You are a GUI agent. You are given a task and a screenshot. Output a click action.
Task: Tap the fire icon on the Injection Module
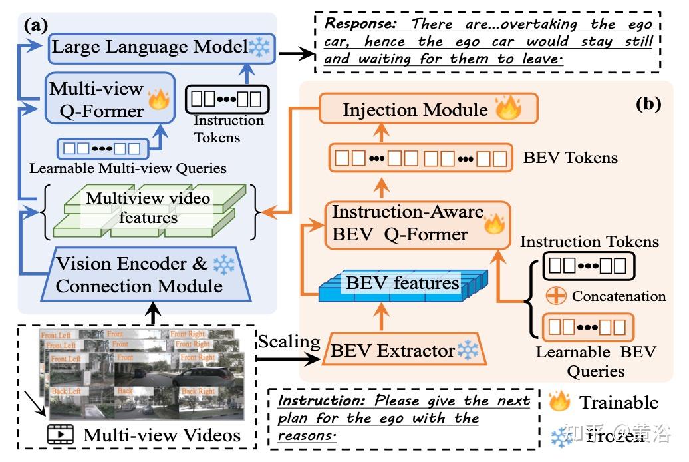(x=507, y=107)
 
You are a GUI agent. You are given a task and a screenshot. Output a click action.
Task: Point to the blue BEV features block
(x=403, y=284)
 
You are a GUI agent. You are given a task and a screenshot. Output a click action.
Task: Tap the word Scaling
(x=289, y=342)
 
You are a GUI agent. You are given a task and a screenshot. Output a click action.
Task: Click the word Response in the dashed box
(x=364, y=24)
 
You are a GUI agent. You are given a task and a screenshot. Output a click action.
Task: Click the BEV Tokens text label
(x=570, y=158)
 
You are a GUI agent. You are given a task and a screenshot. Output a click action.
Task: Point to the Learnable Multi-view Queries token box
(x=99, y=147)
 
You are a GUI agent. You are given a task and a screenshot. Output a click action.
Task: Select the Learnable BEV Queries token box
(x=588, y=326)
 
